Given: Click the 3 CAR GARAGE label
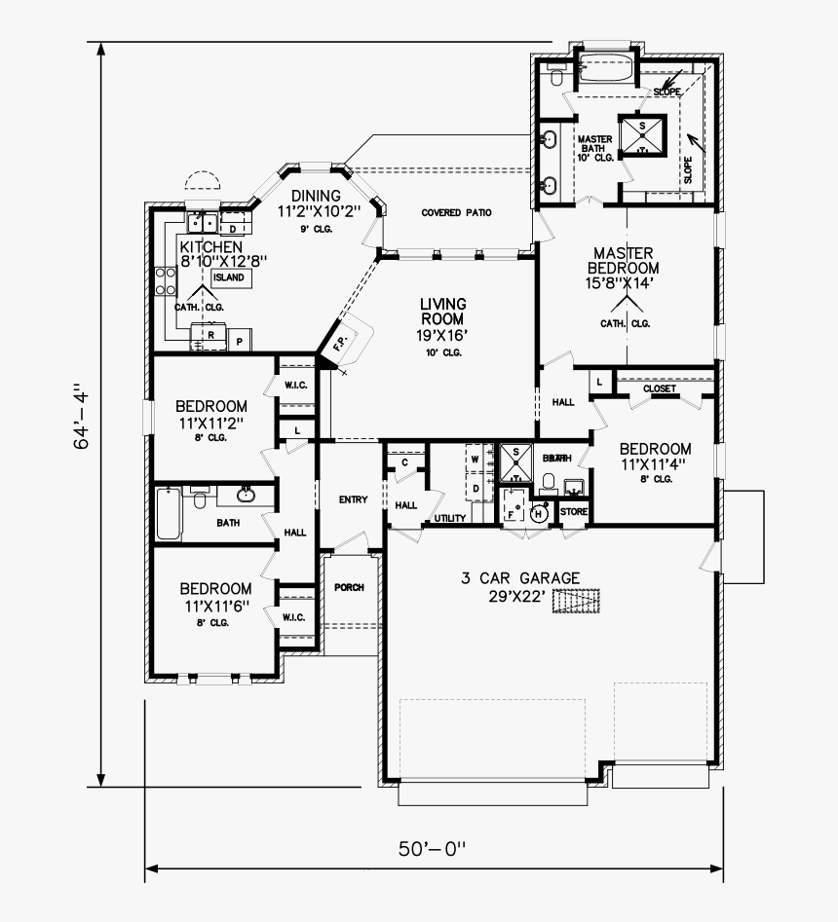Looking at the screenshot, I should tap(520, 578).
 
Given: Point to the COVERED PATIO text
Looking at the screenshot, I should tap(456, 212).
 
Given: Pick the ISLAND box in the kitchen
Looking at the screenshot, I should tap(229, 277).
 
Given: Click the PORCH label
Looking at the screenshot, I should tap(348, 588).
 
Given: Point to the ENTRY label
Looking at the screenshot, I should tap(353, 499).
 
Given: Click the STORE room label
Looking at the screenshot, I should tap(574, 511).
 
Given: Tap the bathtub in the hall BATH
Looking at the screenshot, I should tap(169, 514).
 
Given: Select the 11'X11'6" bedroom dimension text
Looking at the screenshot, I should tap(215, 607).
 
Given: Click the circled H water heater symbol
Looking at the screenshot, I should tap(537, 513).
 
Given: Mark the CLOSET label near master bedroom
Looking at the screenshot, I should tap(660, 389).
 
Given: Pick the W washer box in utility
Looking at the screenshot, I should tap(476, 457).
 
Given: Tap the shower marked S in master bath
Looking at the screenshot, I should tap(642, 136).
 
